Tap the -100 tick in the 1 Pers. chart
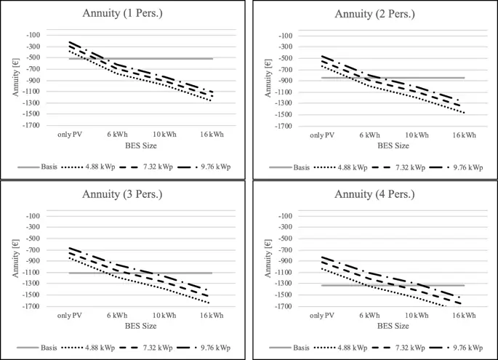click(35, 35)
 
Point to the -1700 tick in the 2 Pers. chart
click(284, 127)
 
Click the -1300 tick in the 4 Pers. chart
click(284, 284)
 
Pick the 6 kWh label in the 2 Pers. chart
click(369, 136)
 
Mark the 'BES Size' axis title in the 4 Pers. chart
click(377, 326)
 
